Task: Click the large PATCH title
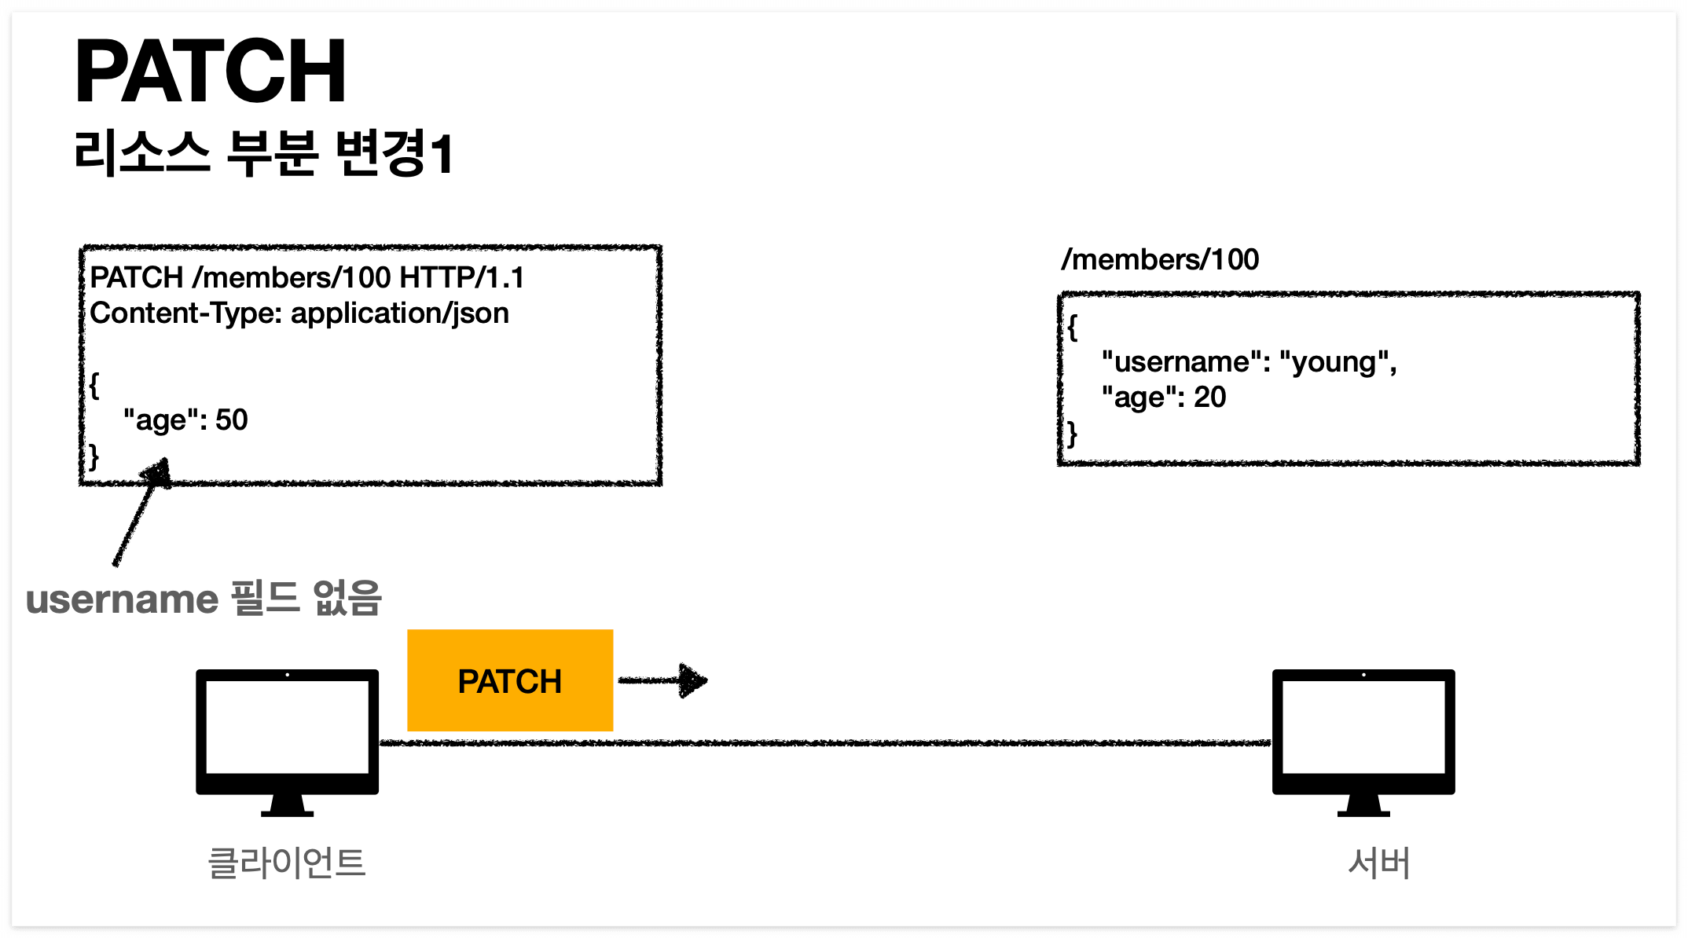click(x=210, y=72)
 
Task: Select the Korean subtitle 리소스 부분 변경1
click(x=264, y=152)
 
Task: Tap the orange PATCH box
click(x=510, y=680)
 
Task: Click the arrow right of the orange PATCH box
click(x=663, y=680)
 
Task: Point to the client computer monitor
click(x=287, y=731)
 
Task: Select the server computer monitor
click(x=1363, y=731)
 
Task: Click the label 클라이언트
click(x=287, y=863)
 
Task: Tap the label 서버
click(x=1379, y=863)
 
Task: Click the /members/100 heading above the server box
click(x=1160, y=259)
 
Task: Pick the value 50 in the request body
click(x=232, y=420)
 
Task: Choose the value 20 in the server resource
click(x=1210, y=398)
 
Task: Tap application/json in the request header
click(x=400, y=313)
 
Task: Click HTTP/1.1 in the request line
click(x=462, y=277)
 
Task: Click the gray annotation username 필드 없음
click(x=204, y=599)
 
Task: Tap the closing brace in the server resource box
click(x=1072, y=433)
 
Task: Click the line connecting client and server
click(x=825, y=742)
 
